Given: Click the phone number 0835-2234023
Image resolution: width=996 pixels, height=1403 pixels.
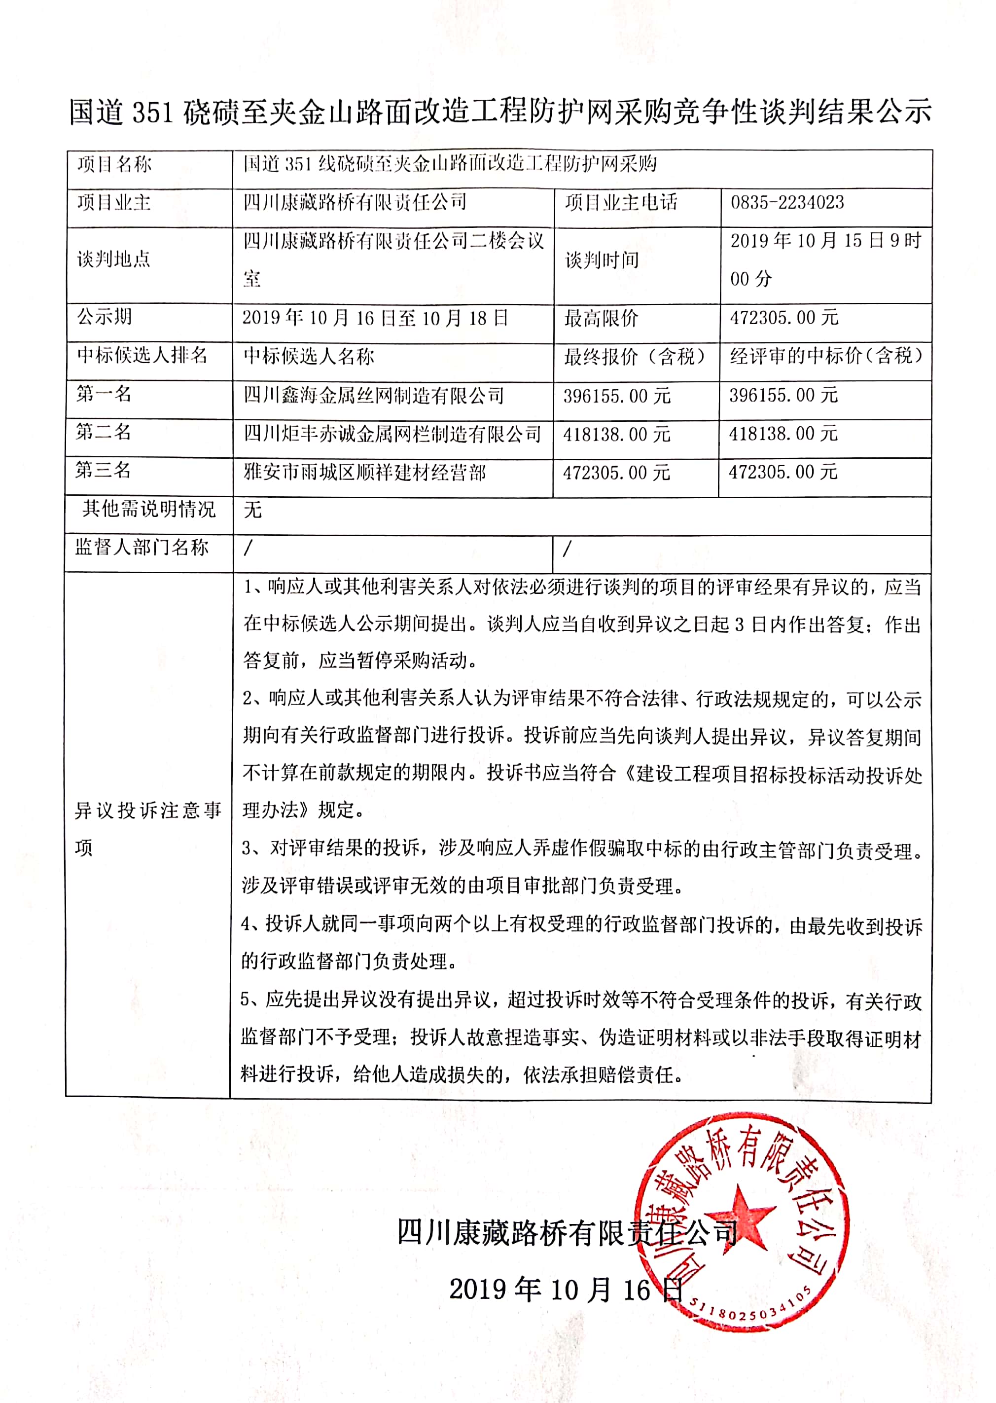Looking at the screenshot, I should pos(787,202).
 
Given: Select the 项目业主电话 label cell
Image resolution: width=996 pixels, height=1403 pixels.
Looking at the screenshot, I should pos(621,202).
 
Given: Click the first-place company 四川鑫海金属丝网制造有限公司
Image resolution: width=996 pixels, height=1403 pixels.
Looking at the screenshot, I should pos(374,395).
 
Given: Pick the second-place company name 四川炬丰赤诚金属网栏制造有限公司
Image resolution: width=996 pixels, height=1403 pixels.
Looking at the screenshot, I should pos(392,434).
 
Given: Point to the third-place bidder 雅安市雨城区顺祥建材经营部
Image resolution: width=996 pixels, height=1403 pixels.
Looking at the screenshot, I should pos(365,473).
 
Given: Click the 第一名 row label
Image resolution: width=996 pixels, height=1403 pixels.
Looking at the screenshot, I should pos(104,394).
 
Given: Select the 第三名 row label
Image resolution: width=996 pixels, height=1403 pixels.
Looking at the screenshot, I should pos(103,471).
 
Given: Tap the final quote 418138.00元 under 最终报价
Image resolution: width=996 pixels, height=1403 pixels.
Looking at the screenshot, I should pos(616,434).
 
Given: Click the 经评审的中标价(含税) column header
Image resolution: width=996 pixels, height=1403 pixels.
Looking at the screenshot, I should pos(825,356).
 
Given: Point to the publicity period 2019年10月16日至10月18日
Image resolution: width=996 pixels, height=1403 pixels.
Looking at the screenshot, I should pos(375,318).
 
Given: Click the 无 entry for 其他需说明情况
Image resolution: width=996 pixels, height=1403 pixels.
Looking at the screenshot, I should pos(252,510).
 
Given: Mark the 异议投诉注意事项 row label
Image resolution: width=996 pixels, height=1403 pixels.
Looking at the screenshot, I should pos(148,829).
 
